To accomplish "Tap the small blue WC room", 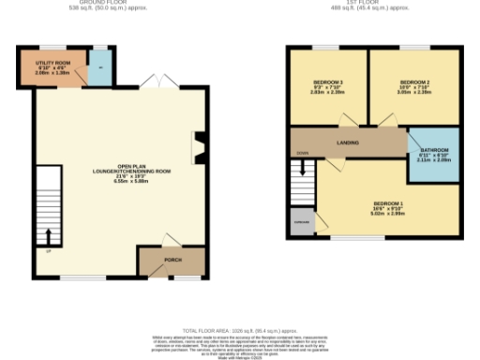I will click(x=99, y=67).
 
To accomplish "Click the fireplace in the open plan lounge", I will click(x=198, y=146).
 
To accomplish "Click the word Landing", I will click(x=350, y=142).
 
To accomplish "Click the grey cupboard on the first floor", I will click(x=302, y=223).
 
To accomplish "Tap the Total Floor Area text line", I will click(x=239, y=331).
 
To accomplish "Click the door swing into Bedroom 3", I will click(x=346, y=120).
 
